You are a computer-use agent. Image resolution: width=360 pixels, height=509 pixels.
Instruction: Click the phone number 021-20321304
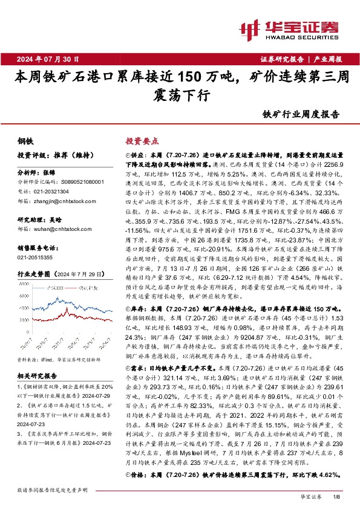(53, 189)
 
